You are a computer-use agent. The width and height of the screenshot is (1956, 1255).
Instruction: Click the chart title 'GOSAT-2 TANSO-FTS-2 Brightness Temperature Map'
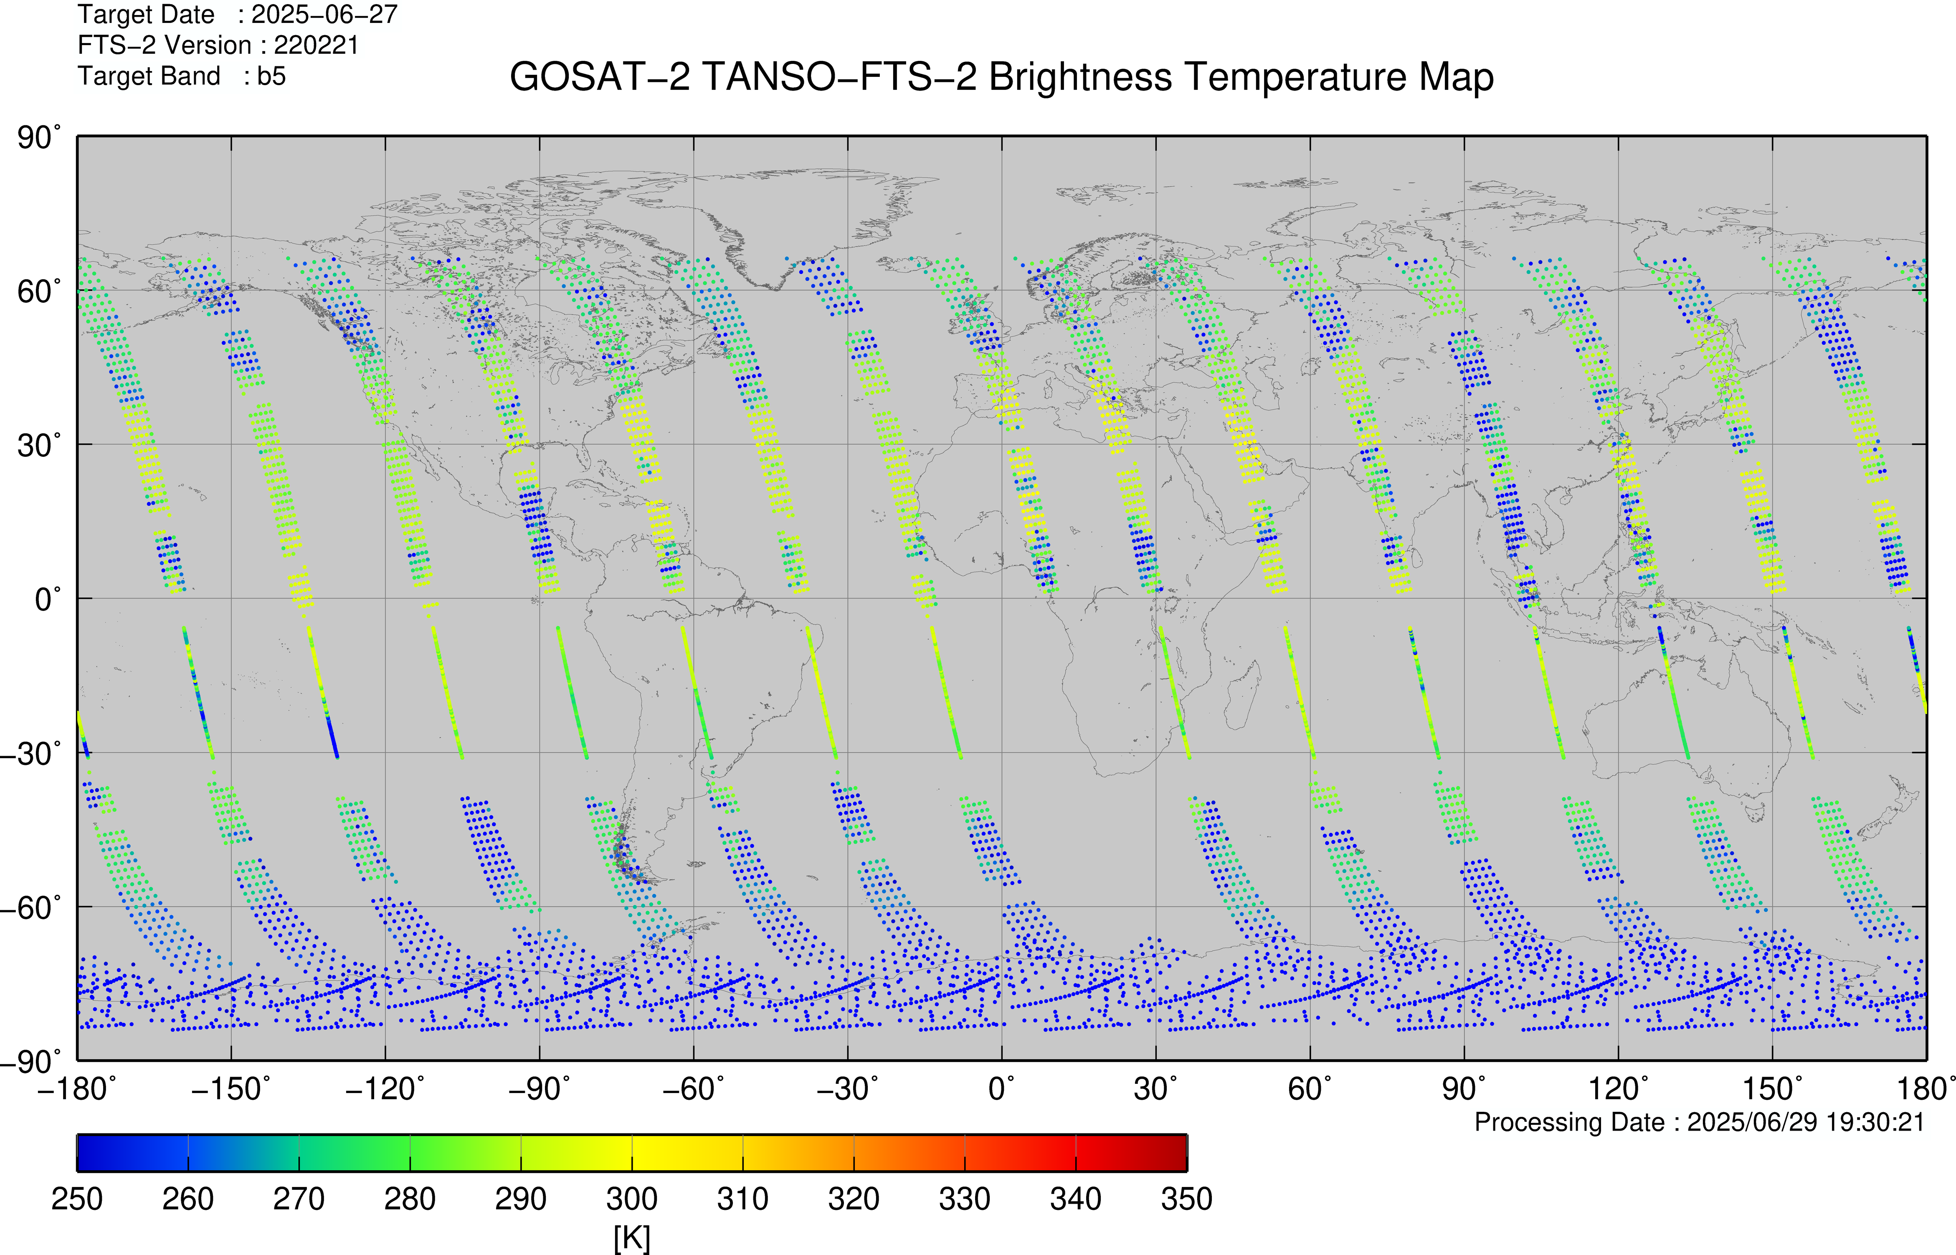(1002, 77)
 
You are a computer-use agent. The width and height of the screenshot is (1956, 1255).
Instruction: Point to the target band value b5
(271, 76)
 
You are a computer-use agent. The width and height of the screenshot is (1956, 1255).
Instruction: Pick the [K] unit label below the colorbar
(632, 1239)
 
